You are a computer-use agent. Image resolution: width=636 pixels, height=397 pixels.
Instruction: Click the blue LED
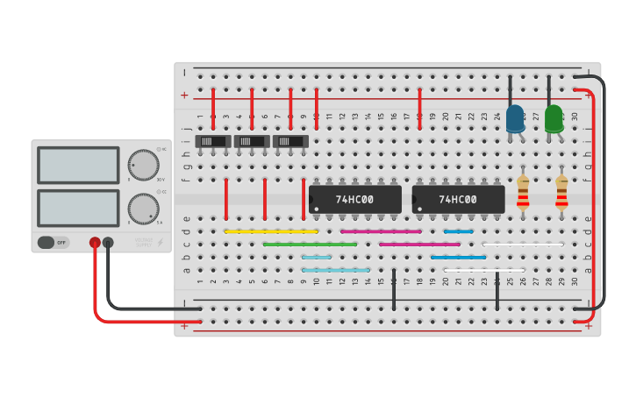click(515, 118)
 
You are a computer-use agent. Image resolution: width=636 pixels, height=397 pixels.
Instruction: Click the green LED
click(554, 118)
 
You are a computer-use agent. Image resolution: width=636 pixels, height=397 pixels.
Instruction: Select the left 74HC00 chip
click(354, 199)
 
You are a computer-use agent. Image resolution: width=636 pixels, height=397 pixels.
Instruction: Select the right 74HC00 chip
click(458, 199)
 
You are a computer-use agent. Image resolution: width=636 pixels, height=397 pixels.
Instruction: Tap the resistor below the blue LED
click(523, 192)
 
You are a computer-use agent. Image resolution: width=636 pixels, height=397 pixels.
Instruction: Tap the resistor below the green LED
click(561, 192)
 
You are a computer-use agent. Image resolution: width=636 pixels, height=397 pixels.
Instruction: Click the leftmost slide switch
click(213, 141)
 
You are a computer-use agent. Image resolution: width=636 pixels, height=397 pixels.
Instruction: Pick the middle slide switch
click(252, 141)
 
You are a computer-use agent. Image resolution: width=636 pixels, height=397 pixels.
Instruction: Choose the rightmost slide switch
click(290, 141)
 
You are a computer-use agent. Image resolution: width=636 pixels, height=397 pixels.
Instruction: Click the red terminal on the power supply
click(95, 242)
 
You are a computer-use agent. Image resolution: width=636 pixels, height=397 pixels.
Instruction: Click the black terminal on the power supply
click(108, 242)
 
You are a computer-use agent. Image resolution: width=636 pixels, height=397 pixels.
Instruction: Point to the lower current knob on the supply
click(142, 209)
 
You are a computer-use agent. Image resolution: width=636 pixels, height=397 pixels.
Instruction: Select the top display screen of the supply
click(78, 165)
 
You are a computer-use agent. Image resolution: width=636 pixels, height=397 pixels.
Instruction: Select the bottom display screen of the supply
click(78, 208)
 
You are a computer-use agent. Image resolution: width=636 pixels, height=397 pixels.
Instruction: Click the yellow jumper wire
click(271, 231)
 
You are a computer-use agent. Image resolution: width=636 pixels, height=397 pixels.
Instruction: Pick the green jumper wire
click(310, 245)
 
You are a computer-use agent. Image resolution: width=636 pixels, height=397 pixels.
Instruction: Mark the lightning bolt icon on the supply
click(160, 242)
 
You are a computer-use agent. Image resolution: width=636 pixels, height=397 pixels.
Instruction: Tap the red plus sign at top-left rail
click(184, 96)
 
